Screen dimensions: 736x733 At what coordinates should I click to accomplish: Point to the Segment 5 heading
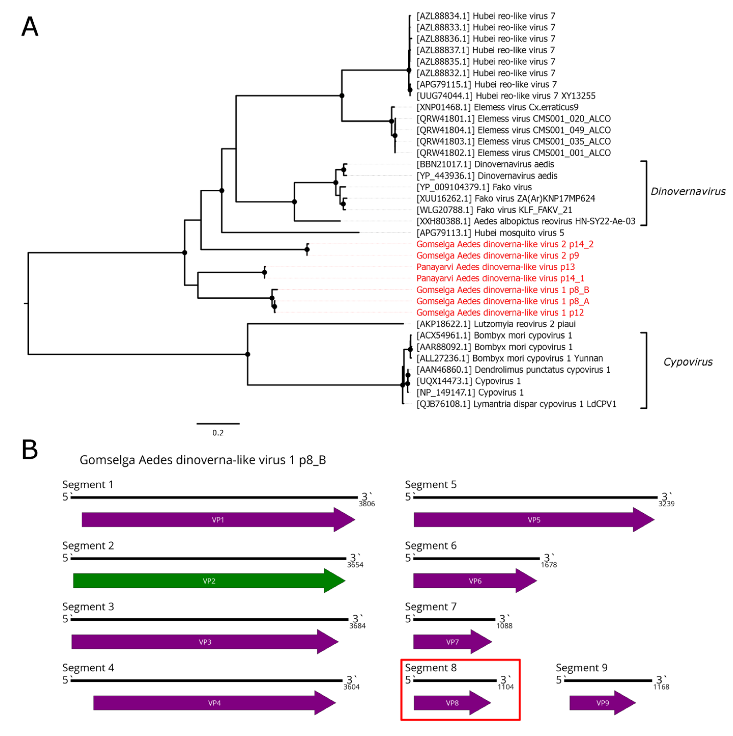[430, 485]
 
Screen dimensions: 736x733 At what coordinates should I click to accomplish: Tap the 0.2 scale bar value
[218, 433]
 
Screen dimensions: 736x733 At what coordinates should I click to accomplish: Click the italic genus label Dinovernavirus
[688, 192]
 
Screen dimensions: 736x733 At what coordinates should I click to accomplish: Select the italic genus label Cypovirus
[688, 362]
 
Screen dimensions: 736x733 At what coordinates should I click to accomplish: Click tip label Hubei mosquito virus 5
[490, 233]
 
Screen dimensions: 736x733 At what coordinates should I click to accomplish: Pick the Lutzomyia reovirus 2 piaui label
[496, 324]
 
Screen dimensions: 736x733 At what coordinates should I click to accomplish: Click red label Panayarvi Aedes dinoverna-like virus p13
[495, 267]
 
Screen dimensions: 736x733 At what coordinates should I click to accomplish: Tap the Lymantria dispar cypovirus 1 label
[516, 404]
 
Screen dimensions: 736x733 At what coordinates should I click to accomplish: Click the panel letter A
[30, 27]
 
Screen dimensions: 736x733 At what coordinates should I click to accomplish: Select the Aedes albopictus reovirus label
[526, 221]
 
